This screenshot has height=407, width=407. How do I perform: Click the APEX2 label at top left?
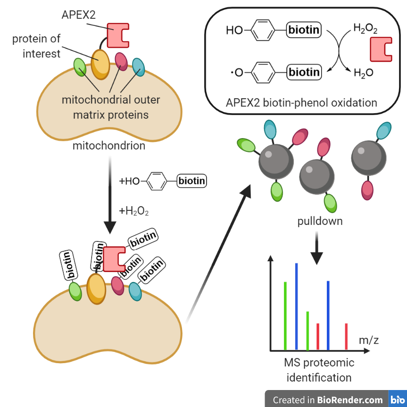(x=79, y=15)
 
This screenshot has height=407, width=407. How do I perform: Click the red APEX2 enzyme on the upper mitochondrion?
(x=118, y=35)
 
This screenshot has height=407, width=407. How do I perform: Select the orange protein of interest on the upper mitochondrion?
(x=100, y=65)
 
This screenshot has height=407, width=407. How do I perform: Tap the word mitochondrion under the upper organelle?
(x=109, y=146)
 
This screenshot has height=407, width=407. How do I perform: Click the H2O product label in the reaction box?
(x=364, y=73)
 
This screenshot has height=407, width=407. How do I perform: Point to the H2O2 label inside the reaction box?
(x=365, y=28)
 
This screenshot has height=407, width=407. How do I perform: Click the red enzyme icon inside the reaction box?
(x=381, y=50)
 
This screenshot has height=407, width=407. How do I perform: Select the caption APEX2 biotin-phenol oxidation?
(x=301, y=103)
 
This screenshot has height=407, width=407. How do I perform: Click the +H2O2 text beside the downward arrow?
(x=133, y=211)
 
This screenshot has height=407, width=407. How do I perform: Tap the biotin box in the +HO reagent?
(x=192, y=181)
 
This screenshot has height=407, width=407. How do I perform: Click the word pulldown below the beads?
(x=320, y=221)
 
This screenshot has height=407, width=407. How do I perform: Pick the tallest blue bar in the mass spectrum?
(x=297, y=307)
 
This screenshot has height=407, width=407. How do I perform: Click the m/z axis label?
(x=369, y=340)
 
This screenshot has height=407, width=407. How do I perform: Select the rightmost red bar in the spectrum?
(x=346, y=337)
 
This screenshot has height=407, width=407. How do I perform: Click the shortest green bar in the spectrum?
(x=307, y=331)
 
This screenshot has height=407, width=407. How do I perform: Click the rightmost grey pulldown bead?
(x=369, y=158)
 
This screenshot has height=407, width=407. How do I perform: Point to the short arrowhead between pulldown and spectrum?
(x=316, y=258)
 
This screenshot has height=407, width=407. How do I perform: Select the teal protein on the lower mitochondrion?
(x=135, y=291)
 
